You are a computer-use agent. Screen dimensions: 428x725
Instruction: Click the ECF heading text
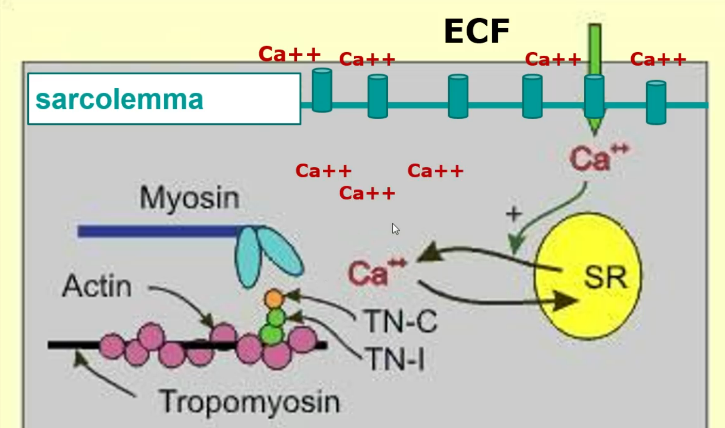tap(476, 31)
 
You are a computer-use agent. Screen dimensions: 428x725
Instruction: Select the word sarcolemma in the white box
tap(119, 99)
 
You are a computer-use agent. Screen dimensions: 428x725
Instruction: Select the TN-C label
tap(401, 322)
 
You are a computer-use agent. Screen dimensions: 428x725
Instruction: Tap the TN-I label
tap(394, 357)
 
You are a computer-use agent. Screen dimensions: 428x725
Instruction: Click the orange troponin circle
tap(274, 298)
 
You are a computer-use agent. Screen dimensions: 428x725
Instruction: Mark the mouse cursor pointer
tap(395, 229)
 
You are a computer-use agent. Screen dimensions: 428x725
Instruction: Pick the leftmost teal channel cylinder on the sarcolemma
tap(322, 90)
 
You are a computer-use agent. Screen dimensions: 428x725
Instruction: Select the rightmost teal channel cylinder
tap(656, 102)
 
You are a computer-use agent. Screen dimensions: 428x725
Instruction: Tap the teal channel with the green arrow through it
tap(594, 96)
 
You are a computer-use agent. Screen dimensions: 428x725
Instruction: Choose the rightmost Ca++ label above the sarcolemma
tap(658, 60)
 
